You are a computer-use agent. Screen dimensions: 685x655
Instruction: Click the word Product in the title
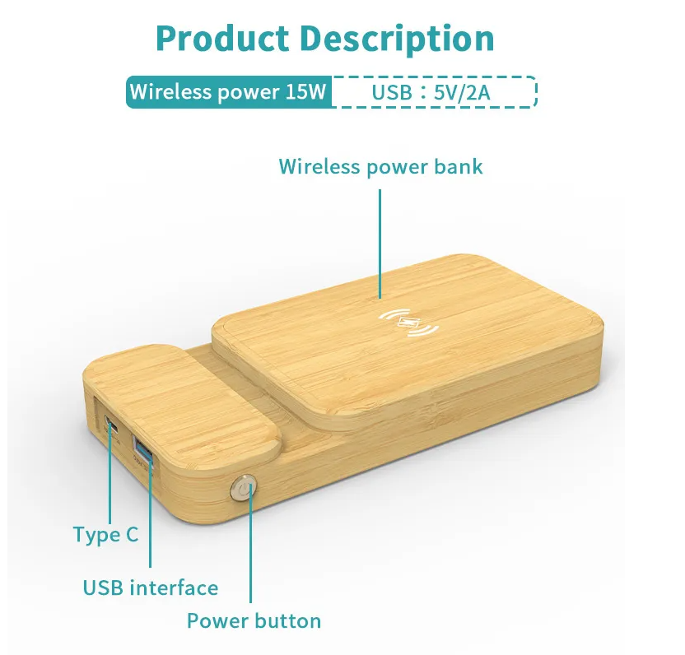(x=222, y=38)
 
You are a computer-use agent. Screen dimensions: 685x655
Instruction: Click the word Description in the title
(x=397, y=39)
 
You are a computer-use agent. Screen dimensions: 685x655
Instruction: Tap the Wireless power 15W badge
(x=229, y=91)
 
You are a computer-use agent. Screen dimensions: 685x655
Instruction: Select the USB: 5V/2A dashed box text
(x=431, y=92)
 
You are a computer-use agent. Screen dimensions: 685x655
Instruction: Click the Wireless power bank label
(x=380, y=166)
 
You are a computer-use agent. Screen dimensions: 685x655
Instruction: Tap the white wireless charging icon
(x=408, y=323)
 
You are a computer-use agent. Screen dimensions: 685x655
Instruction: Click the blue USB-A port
(x=143, y=449)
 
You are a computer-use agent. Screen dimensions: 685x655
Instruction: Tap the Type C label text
(x=105, y=535)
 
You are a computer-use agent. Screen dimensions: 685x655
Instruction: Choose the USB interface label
(x=151, y=588)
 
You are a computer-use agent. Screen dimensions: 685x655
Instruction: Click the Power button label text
(x=254, y=620)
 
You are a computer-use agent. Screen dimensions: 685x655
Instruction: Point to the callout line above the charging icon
(x=380, y=244)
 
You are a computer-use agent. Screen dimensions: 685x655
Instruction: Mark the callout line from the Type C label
(x=110, y=474)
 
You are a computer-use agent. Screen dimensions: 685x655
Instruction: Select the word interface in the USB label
(x=174, y=588)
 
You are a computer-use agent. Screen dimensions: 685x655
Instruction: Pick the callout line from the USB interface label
(x=151, y=513)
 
